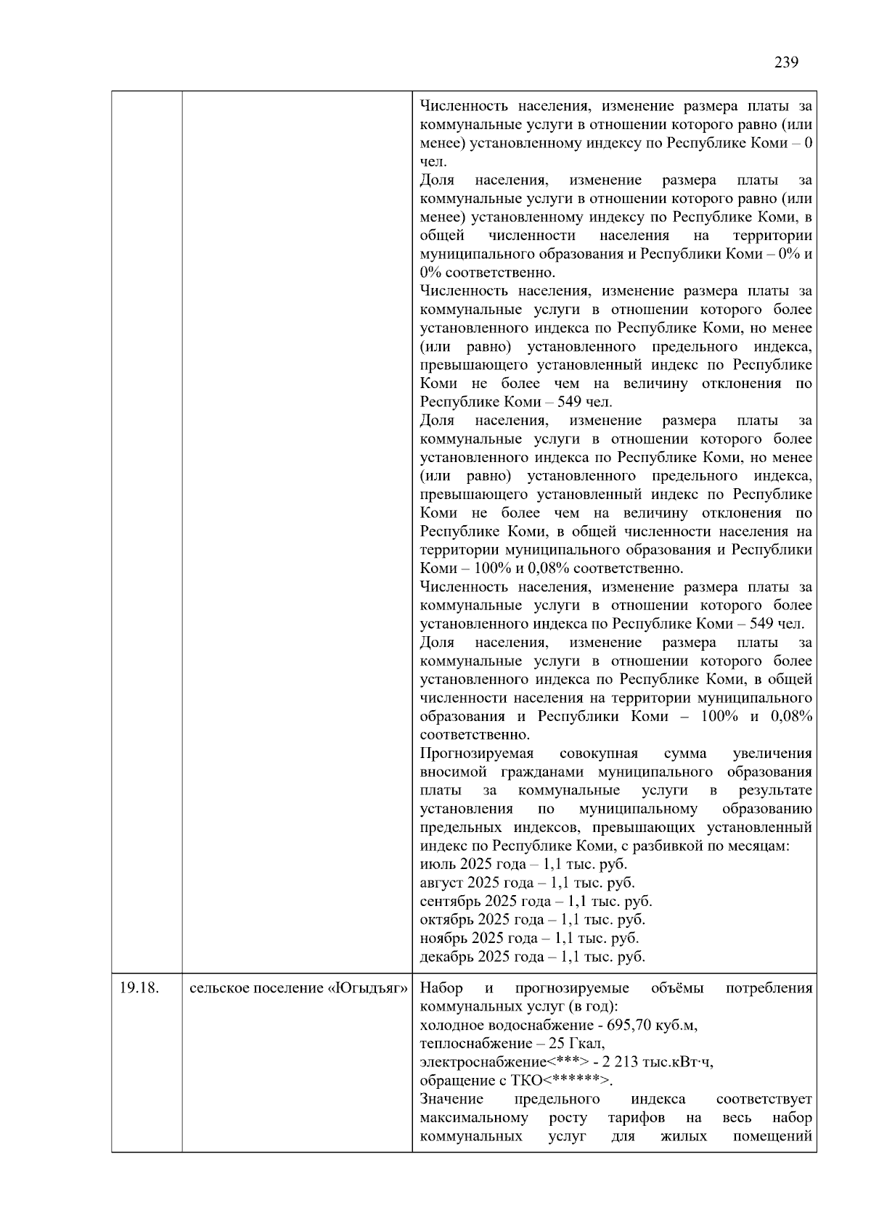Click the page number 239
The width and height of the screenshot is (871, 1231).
[x=786, y=62]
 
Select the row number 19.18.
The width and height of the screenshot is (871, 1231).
[x=139, y=988]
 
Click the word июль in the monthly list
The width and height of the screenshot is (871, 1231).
[x=438, y=865]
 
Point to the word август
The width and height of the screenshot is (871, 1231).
[x=441, y=883]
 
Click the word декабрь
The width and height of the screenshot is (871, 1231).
[x=446, y=957]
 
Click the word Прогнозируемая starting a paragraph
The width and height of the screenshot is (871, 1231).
[x=476, y=754]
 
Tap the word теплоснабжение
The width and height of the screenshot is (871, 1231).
[x=470, y=1044]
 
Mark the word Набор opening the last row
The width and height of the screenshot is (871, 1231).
[x=441, y=988]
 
